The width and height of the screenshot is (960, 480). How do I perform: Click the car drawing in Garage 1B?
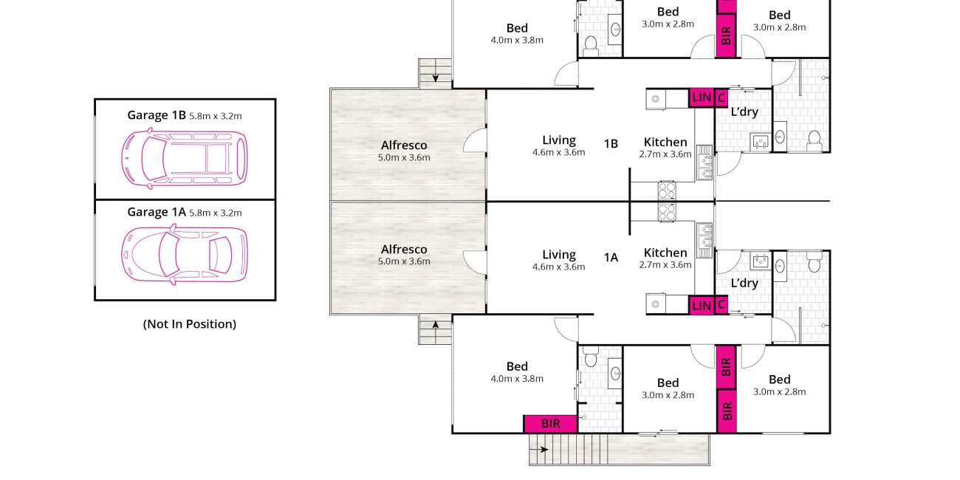pos(185,159)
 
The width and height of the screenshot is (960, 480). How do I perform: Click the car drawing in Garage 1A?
pos(185,255)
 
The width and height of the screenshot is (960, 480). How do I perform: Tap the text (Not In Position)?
pos(190,324)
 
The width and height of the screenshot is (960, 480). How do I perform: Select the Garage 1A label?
pos(157,212)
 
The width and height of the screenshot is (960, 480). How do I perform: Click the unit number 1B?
pos(611,143)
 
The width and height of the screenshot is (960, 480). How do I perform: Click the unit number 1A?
pos(611,258)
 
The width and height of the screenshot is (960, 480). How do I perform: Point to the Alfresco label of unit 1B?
pos(404,145)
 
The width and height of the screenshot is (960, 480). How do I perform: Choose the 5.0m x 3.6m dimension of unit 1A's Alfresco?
pos(404,261)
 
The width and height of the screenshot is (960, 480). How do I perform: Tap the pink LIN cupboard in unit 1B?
pos(701,97)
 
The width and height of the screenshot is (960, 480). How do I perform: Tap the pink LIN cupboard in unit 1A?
pos(701,305)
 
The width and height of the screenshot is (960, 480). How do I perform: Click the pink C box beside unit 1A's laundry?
pos(721,305)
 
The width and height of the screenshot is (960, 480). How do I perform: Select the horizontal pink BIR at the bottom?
pos(550,424)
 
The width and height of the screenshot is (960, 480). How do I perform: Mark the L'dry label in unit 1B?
pos(744,112)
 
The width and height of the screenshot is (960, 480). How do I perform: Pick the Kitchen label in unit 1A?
pos(665,253)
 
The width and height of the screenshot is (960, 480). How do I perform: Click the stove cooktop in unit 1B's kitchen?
pos(667,191)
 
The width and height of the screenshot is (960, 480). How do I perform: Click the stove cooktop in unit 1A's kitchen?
pos(667,212)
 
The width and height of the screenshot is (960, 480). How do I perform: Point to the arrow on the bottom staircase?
pos(539,450)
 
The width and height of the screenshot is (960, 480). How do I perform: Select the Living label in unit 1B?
pos(559,140)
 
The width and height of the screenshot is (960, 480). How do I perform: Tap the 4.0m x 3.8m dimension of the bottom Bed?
pos(517,379)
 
